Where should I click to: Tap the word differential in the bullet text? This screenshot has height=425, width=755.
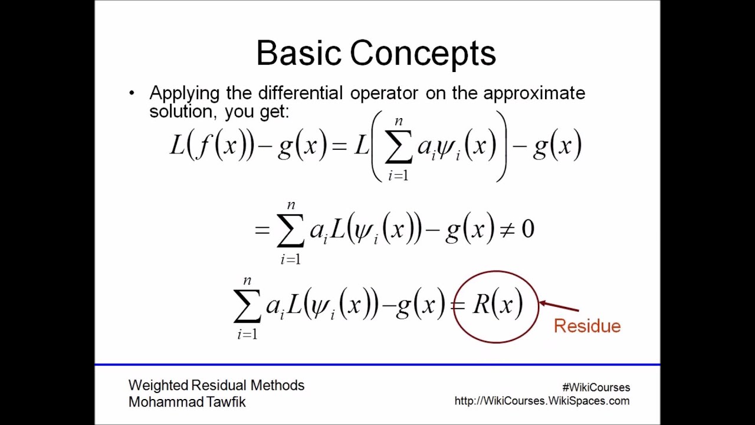[x=308, y=93]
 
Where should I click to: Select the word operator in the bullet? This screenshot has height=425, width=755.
[x=384, y=93]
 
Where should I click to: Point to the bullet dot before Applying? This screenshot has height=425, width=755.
[x=132, y=93]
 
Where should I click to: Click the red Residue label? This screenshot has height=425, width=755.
[x=587, y=326]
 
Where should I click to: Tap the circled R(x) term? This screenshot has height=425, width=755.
[x=497, y=305]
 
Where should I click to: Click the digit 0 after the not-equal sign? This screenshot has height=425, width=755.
[x=528, y=230]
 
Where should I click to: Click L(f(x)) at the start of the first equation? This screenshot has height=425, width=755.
[x=212, y=145]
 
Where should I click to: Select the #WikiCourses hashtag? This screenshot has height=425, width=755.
[x=596, y=387]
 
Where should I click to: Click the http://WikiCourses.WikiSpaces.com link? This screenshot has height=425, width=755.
[x=541, y=401]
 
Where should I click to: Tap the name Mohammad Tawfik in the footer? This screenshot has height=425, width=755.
[x=187, y=402]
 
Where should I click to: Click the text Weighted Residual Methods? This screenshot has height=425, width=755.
[x=216, y=385]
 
